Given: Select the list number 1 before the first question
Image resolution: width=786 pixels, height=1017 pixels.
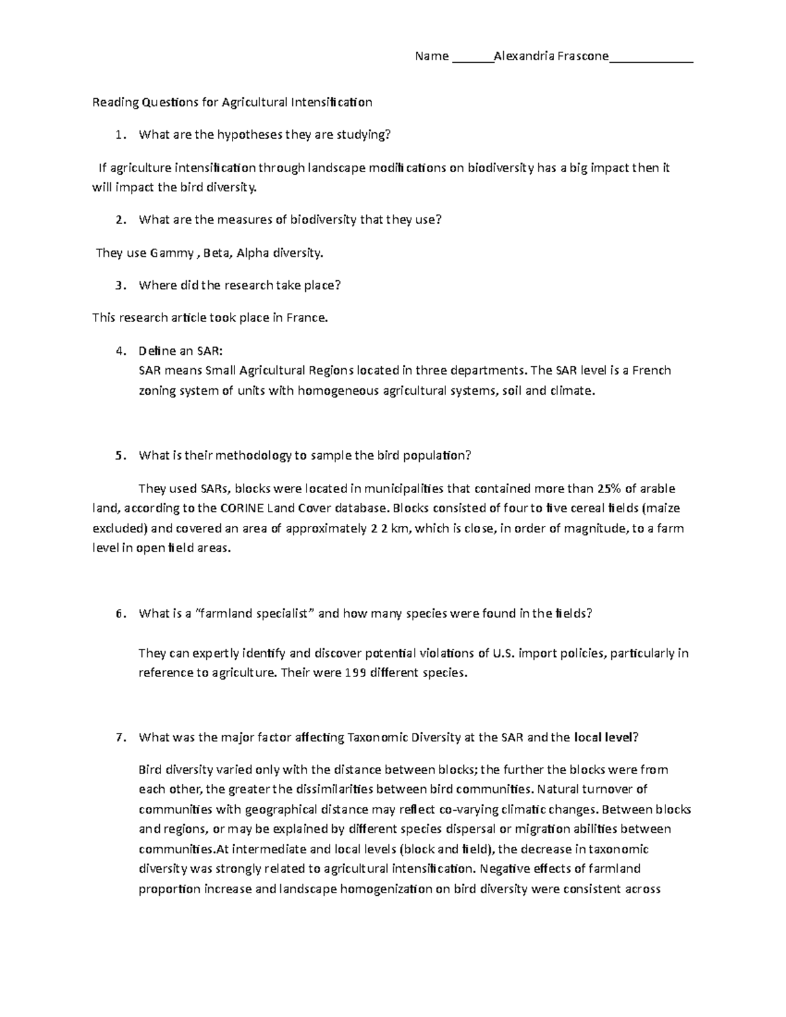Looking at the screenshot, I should pyautogui.click(x=118, y=135).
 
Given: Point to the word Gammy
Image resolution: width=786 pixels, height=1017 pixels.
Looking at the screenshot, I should pyautogui.click(x=172, y=253).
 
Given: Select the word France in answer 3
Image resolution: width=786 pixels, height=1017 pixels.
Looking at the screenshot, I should pyautogui.click(x=306, y=318).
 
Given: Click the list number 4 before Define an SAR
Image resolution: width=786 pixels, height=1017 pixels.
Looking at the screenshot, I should pyautogui.click(x=118, y=351).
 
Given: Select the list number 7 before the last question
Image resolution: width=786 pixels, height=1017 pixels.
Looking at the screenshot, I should pyautogui.click(x=118, y=737).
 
